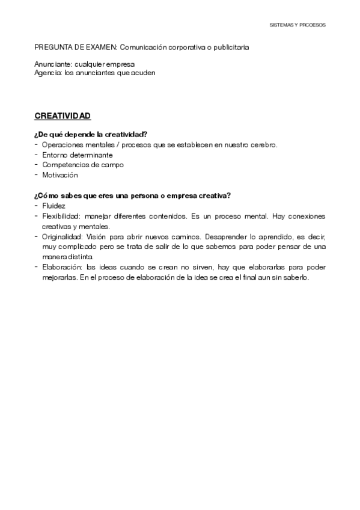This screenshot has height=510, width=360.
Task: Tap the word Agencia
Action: tap(48, 72)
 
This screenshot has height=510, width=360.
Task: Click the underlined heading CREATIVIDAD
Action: tap(63, 115)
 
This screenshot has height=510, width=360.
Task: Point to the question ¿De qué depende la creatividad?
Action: tap(91, 134)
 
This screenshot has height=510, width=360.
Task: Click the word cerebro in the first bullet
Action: tap(264, 145)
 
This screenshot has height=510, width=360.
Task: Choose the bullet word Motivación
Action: tap(60, 175)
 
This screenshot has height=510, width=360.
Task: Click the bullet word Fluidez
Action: tap(53, 206)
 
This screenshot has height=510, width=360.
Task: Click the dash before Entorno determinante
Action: tap(37, 155)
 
